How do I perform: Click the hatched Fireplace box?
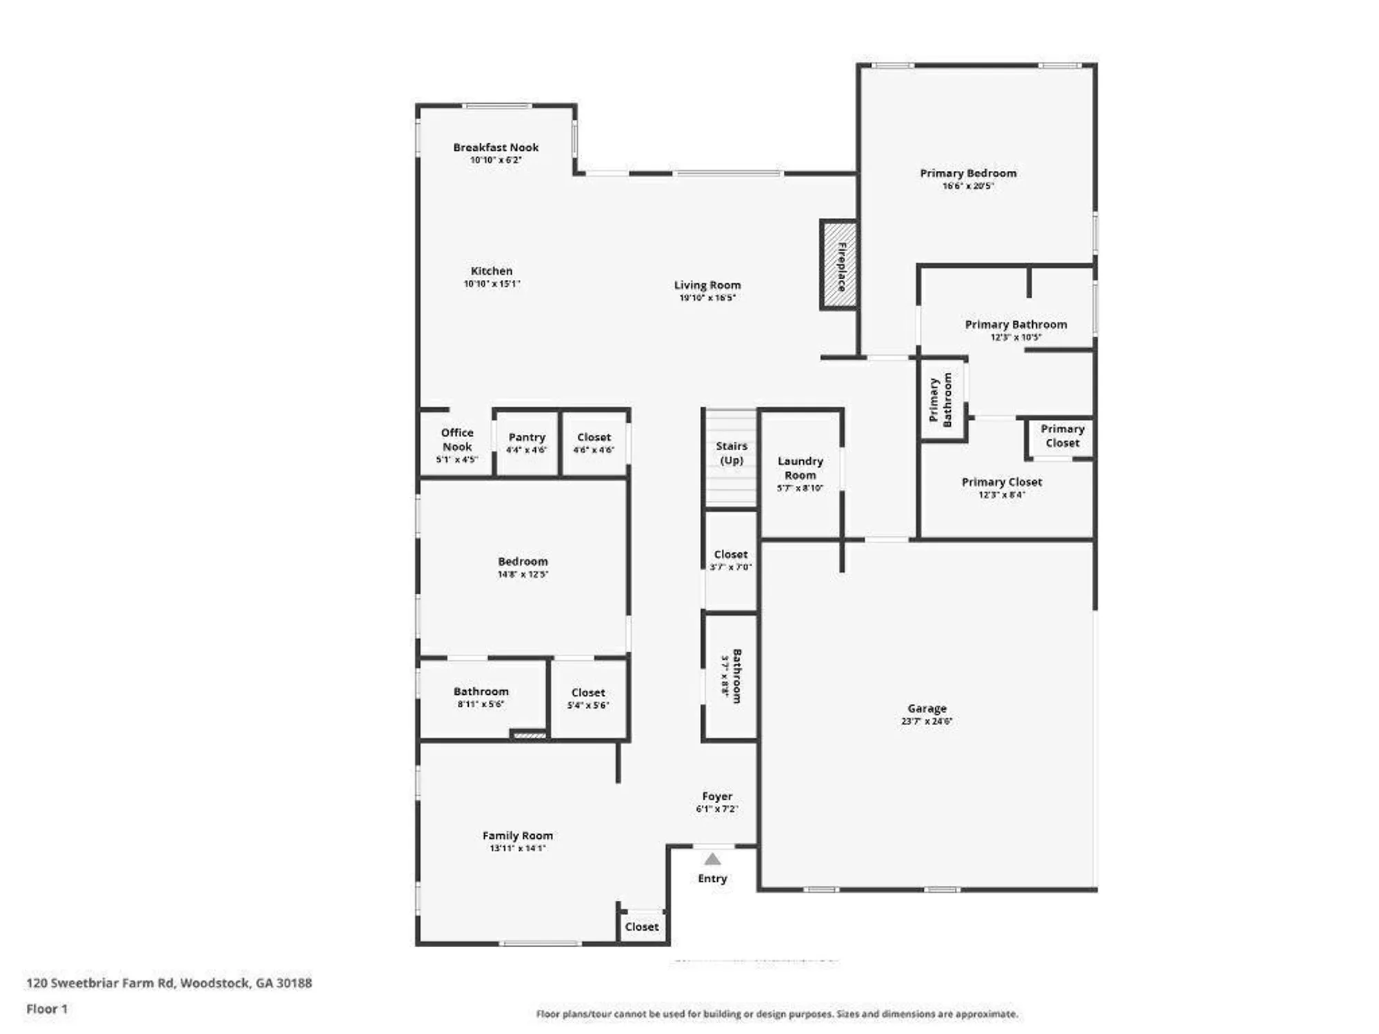pyautogui.click(x=838, y=265)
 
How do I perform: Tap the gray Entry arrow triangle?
pyautogui.click(x=712, y=860)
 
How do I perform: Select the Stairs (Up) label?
pyautogui.click(x=731, y=453)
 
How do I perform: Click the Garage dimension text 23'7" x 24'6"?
pyautogui.click(x=926, y=721)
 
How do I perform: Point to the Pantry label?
pyautogui.click(x=527, y=437)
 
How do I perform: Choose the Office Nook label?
pyautogui.click(x=457, y=439)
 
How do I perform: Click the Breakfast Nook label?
pyautogui.click(x=496, y=147)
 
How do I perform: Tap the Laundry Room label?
pyautogui.click(x=800, y=467)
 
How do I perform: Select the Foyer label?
pyautogui.click(x=717, y=796)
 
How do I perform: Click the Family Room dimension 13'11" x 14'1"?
pyautogui.click(x=517, y=848)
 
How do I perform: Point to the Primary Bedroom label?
pyautogui.click(x=968, y=173)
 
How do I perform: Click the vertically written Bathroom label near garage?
pyautogui.click(x=736, y=676)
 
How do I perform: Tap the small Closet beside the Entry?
pyautogui.click(x=641, y=926)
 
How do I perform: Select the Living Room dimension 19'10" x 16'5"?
pyautogui.click(x=707, y=298)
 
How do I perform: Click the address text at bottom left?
pyautogui.click(x=169, y=983)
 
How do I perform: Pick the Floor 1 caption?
pyautogui.click(x=47, y=1009)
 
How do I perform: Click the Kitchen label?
pyautogui.click(x=492, y=271)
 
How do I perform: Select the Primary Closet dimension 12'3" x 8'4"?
pyautogui.click(x=1001, y=494)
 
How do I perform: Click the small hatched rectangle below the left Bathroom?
pyautogui.click(x=530, y=736)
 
